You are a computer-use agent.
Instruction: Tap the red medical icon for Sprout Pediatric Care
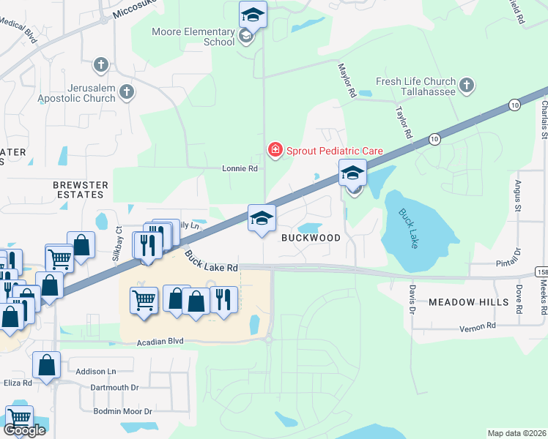[x=275, y=151]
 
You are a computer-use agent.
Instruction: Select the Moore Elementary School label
[x=193, y=37]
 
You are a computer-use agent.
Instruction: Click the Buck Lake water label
[x=408, y=228]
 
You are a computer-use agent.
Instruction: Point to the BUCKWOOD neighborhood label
[x=311, y=238]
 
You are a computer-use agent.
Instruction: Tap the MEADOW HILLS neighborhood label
[x=468, y=301]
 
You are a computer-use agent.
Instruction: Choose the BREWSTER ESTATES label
[x=80, y=190]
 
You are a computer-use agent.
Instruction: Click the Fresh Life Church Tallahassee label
[x=415, y=87]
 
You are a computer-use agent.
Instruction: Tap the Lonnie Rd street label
[x=240, y=168]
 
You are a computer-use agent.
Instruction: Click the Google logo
[x=24, y=429]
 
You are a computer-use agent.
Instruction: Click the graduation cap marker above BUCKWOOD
[x=262, y=218]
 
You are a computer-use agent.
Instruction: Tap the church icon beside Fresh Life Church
[x=467, y=88]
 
